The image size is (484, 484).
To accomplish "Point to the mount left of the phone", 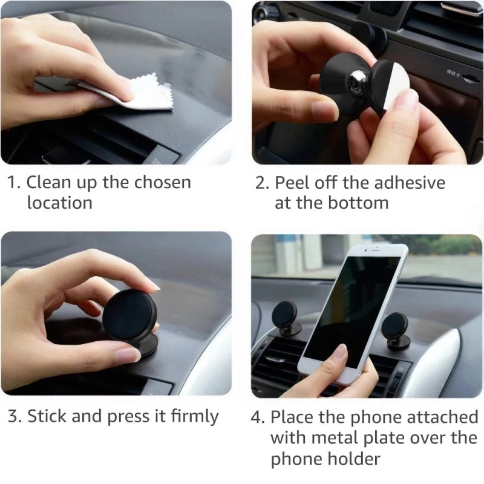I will [286, 321].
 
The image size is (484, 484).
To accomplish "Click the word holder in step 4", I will [358, 458].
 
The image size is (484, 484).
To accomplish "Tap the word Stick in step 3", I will [47, 416].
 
